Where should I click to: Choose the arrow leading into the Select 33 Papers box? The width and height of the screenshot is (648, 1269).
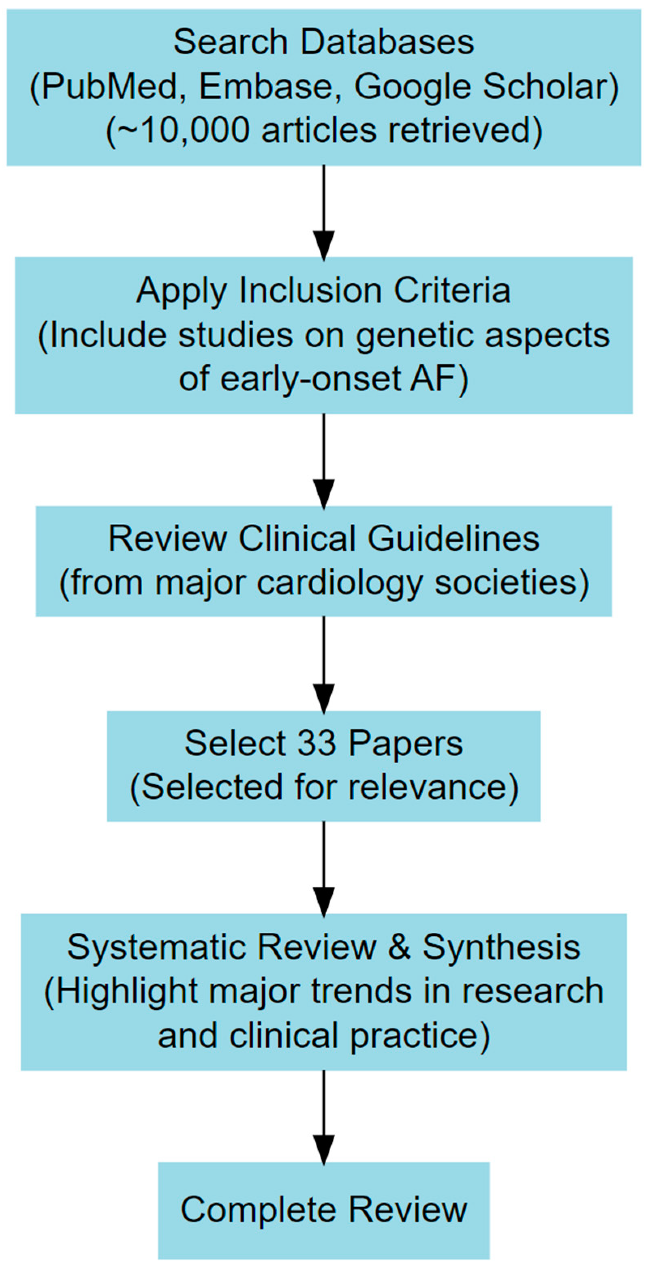324,664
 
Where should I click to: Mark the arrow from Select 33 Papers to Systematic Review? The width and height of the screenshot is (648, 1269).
324,867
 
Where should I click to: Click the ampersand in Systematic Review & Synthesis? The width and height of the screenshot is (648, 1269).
399,947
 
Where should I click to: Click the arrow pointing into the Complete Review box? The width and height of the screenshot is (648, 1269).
324,1116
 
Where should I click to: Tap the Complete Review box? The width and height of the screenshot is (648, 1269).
324,1210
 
